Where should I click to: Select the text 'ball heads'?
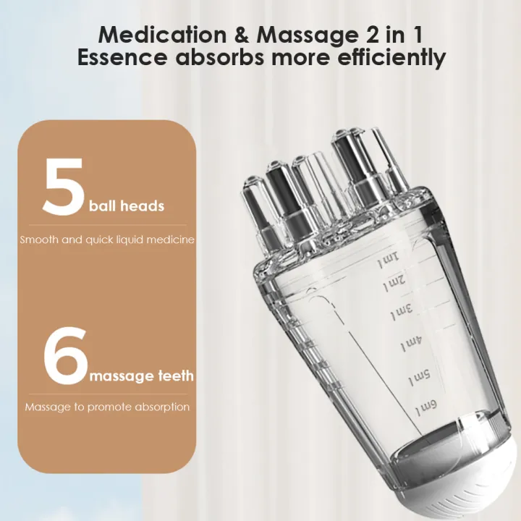tap(127, 206)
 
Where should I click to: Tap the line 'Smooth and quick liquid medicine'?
tap(107, 240)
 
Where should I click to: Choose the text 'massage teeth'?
tap(141, 376)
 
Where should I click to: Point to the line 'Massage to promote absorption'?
tap(107, 407)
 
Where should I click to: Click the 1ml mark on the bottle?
tap(390, 259)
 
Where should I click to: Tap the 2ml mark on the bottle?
tap(395, 283)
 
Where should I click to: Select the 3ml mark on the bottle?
tap(402, 313)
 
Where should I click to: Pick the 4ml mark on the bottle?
tap(411, 343)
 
